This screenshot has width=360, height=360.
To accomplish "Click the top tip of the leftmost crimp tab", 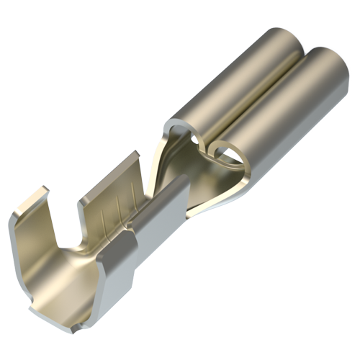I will [40, 192].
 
